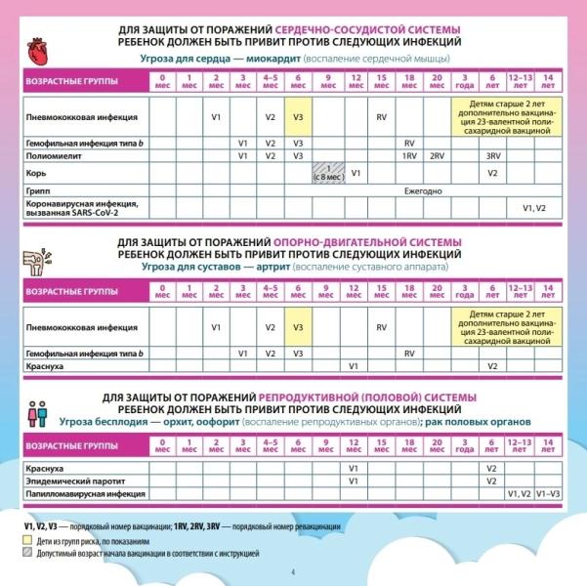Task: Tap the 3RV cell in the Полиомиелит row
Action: tap(493, 155)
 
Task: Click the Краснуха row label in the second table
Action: tap(44, 365)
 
